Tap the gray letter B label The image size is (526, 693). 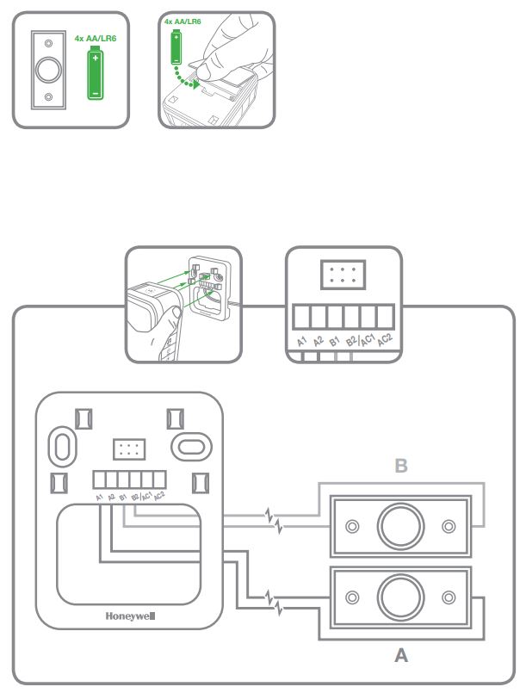tap(400, 467)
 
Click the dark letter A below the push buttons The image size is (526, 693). tap(400, 656)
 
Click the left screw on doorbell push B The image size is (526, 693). tap(351, 527)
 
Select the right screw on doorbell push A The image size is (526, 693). tap(449, 597)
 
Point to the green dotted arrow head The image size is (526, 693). tap(198, 85)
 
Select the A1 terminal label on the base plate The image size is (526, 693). tap(100, 498)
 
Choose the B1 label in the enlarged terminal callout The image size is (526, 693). tap(334, 341)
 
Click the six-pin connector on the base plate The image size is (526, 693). tap(129, 450)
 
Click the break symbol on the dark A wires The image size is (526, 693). tap(275, 596)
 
